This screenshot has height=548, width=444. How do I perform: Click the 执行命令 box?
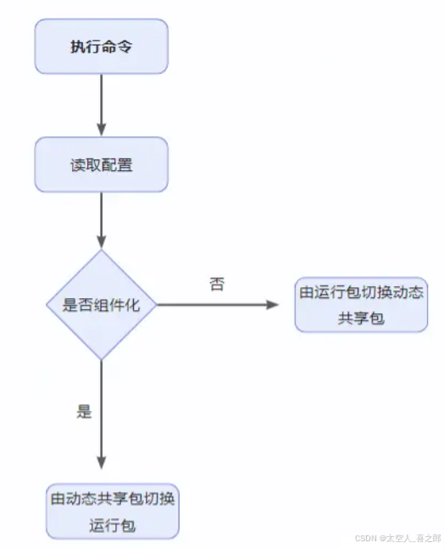coord(102,47)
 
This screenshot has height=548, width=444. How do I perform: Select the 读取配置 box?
coord(102,164)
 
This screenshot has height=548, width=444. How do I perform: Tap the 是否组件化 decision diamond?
coord(102,305)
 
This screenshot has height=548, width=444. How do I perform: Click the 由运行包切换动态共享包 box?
coord(361,305)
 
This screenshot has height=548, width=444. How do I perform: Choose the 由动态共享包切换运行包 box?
coord(113,511)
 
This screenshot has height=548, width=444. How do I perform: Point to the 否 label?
coord(217,285)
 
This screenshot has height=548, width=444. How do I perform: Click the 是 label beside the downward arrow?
coord(84,412)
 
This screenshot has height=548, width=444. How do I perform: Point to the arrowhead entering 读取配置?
coord(102,130)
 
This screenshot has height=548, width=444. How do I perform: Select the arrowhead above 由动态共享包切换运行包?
coord(102,462)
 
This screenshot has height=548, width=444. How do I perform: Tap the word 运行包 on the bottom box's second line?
coord(113,525)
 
